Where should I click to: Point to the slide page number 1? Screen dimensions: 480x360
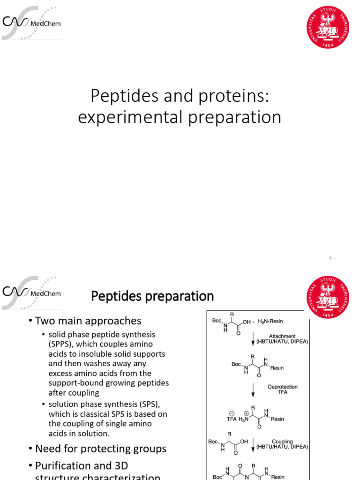[330, 257]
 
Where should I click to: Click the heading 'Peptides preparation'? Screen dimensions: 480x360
[152, 296]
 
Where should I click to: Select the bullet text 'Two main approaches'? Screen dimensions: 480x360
[88, 321]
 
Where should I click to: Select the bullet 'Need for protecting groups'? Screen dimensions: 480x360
[101, 449]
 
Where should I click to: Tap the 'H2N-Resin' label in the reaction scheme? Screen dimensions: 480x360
[270, 321]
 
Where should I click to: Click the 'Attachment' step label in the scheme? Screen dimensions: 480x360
[282, 336]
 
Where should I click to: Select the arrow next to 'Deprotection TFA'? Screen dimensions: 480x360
[253, 389]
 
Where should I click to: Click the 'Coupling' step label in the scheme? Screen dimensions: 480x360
[282, 442]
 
